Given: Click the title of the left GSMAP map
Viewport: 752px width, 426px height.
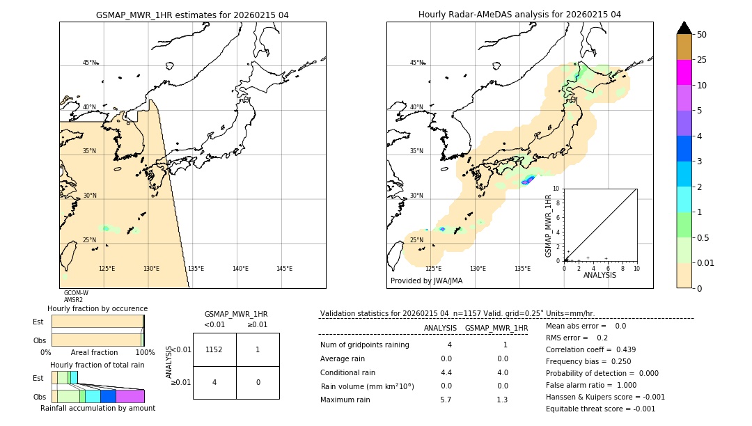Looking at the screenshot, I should (192, 15).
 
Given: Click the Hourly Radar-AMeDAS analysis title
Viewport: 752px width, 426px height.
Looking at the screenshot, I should (519, 15).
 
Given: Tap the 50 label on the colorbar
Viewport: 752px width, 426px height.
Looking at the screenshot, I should (702, 35).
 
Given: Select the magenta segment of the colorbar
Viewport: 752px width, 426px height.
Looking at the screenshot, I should (684, 72).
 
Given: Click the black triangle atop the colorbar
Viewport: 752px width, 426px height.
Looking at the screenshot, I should (684, 28).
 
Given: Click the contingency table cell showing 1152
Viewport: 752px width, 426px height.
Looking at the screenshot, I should (214, 349).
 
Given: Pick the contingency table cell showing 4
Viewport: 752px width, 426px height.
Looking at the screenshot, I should (214, 382).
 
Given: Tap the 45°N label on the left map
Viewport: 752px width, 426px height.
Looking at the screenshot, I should (90, 63).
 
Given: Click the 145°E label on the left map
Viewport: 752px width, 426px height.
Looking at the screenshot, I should (284, 269).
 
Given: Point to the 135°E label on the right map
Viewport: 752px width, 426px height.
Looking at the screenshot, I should (522, 269).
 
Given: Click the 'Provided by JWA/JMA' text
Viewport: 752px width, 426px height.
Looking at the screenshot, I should (426, 281).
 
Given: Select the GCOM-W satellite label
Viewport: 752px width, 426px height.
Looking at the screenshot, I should (76, 293).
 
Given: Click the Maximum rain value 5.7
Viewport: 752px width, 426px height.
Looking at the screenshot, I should (446, 400).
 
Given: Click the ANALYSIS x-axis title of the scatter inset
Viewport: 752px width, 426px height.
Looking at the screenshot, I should (600, 275).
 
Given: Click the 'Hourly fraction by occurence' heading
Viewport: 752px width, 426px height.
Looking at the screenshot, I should (97, 308).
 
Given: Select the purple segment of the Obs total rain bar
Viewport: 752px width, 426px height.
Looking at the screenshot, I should (130, 396).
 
